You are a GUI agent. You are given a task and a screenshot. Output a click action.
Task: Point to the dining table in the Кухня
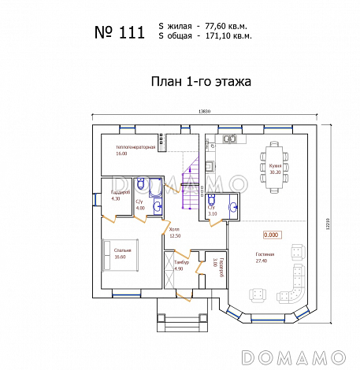(x=275, y=165)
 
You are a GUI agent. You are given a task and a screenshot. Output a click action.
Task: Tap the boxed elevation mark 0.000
(x=272, y=234)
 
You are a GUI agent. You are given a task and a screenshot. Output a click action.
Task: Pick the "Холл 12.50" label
(x=175, y=232)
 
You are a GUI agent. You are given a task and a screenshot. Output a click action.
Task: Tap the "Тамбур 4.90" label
(x=180, y=265)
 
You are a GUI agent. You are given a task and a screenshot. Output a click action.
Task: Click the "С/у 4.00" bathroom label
(x=140, y=205)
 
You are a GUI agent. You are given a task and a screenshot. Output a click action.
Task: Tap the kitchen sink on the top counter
(x=231, y=140)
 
